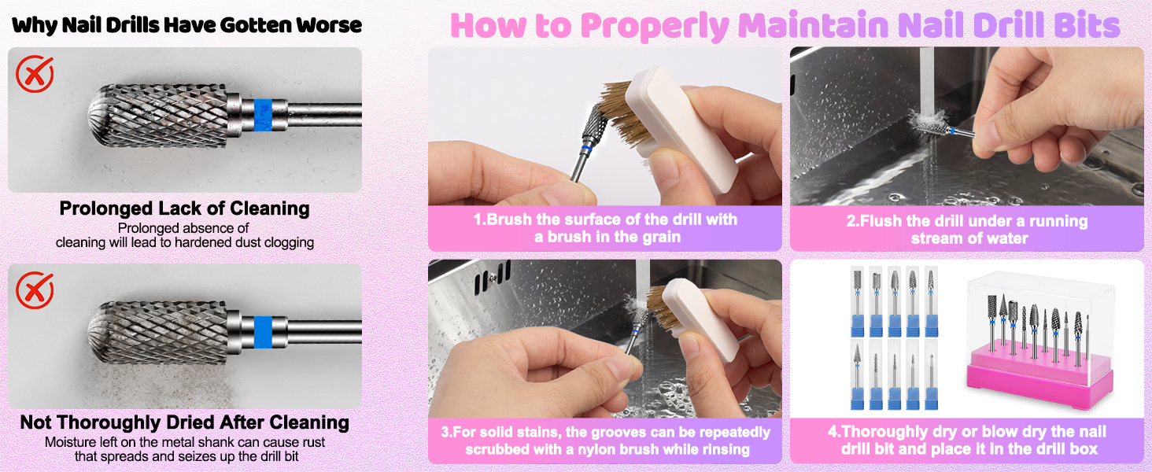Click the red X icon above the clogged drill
point(35,75)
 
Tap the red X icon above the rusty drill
point(35,291)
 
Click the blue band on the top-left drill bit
point(263,114)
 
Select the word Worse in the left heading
point(327,25)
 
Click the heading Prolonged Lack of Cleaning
point(184,208)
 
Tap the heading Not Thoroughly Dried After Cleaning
point(184,422)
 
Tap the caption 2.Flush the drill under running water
point(967,229)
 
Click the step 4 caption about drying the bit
point(967,441)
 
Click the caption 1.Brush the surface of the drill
point(604,228)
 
